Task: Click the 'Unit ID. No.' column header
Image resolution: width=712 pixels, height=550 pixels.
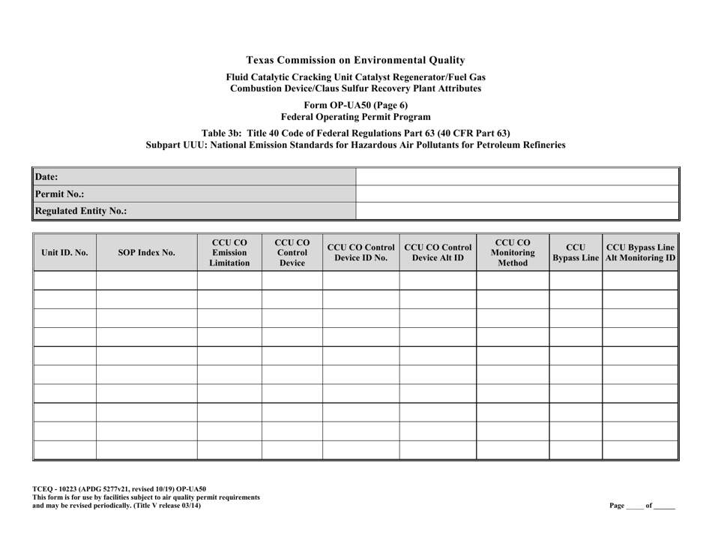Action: click(64, 253)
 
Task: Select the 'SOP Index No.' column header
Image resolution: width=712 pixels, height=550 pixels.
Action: click(147, 253)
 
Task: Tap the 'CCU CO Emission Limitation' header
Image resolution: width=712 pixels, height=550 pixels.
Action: click(229, 253)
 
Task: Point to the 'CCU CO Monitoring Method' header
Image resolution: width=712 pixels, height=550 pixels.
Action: click(513, 253)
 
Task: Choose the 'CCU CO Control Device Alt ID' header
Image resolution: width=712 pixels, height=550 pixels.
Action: click(438, 253)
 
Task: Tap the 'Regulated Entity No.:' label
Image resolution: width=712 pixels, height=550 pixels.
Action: click(79, 211)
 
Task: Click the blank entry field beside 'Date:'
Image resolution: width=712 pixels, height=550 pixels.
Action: click(516, 177)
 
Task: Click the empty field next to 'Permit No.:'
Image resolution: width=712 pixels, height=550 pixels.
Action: click(516, 194)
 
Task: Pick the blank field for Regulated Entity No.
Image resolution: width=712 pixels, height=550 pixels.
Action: click(516, 211)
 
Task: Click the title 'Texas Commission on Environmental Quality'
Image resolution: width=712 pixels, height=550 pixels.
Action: click(355, 60)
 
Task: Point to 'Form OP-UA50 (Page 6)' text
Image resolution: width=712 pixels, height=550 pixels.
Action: click(355, 105)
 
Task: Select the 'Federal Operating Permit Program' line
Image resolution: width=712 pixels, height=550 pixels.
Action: click(355, 117)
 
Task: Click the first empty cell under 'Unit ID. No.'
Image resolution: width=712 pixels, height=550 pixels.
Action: click(64, 281)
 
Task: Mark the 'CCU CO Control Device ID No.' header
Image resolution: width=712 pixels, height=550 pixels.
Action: click(360, 253)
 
